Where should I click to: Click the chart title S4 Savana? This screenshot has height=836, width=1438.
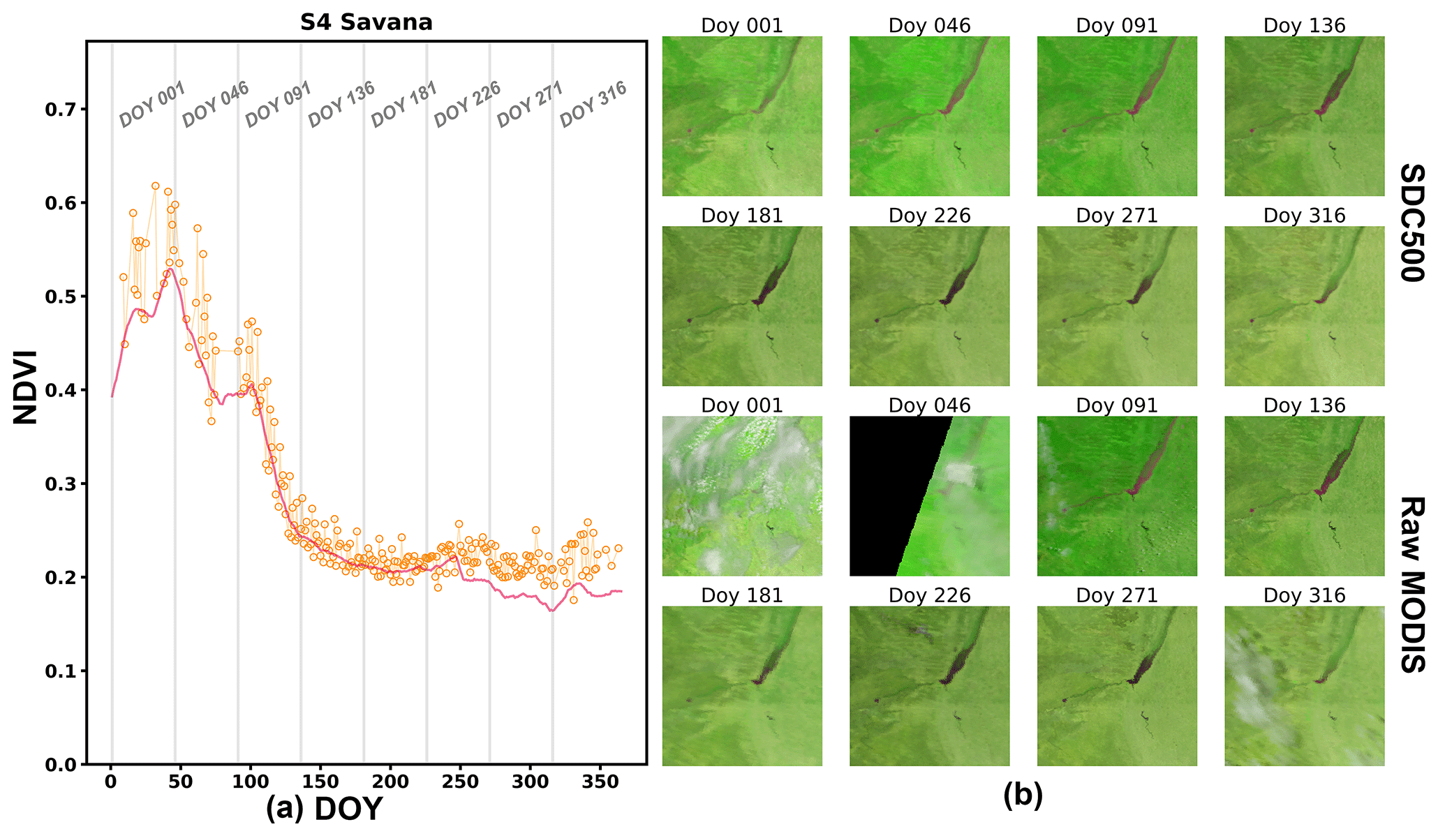(366, 22)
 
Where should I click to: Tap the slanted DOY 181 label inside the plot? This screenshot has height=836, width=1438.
(403, 105)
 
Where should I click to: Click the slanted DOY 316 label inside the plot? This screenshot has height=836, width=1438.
(593, 105)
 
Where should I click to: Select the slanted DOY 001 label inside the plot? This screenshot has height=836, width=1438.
(151, 105)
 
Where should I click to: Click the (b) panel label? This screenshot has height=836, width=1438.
(1023, 796)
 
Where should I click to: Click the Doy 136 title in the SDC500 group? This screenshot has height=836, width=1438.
(1304, 26)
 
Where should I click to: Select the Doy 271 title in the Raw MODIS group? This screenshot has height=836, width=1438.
(1117, 595)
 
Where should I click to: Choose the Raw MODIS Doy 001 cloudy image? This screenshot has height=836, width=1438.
(742, 496)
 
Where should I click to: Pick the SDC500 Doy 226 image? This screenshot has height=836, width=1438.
(929, 306)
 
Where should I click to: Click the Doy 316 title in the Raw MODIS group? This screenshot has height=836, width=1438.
(1304, 595)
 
